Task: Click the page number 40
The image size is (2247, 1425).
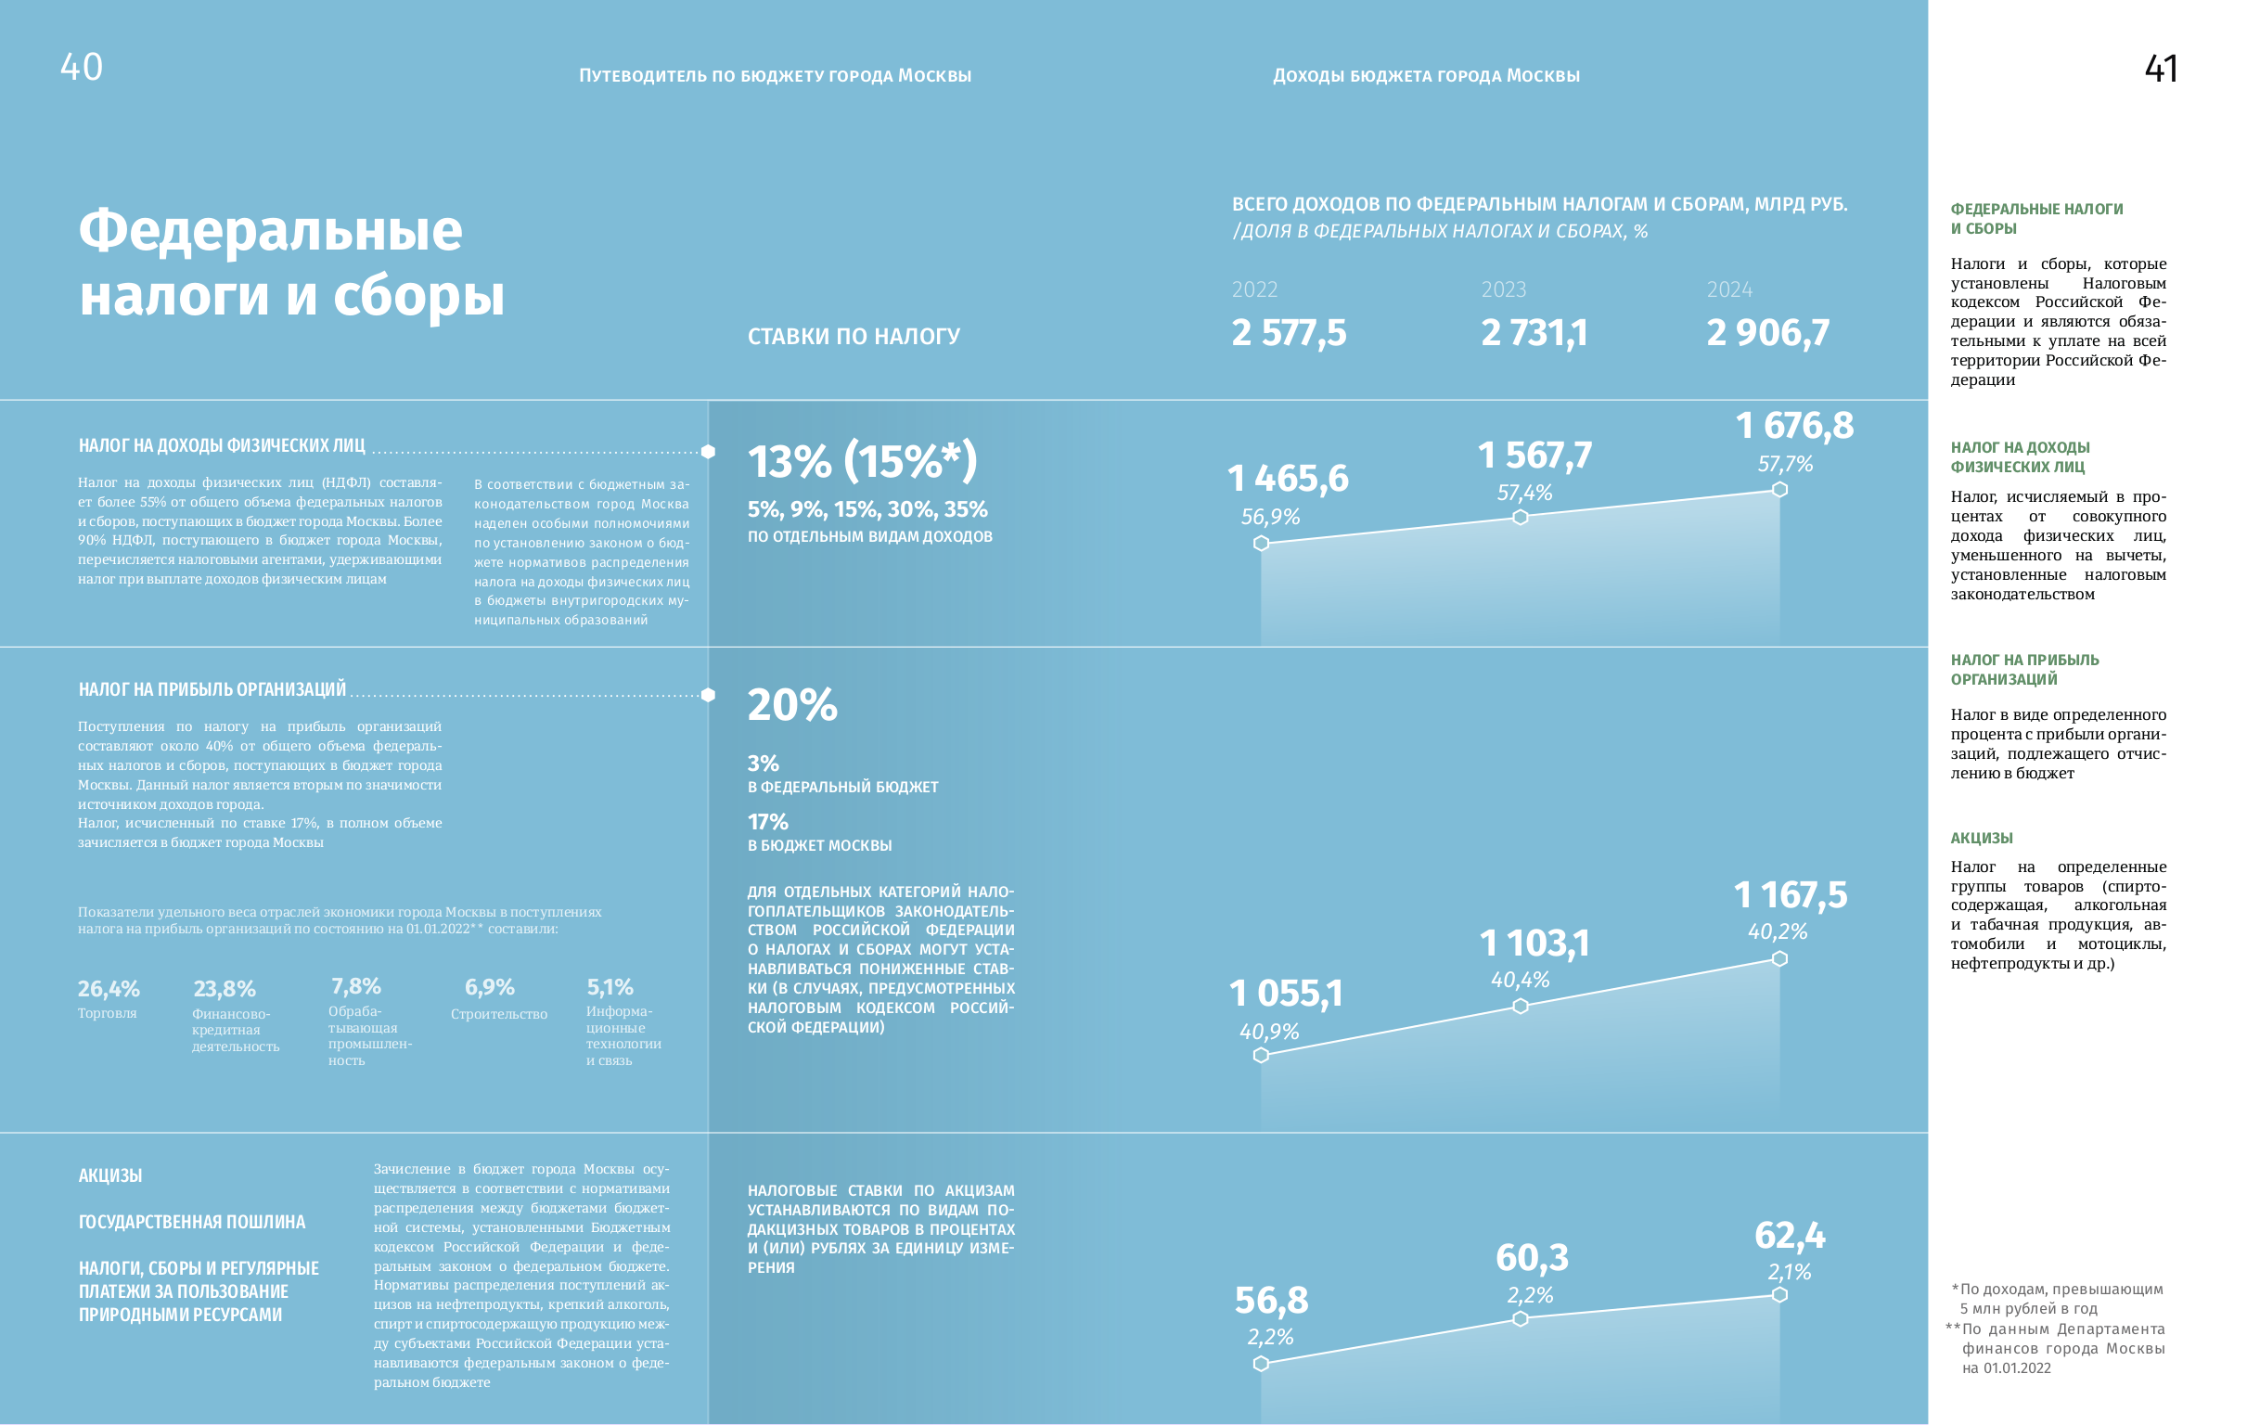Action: click(x=82, y=67)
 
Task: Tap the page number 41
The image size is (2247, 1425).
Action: click(x=2161, y=69)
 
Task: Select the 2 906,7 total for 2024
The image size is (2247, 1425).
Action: click(x=1767, y=333)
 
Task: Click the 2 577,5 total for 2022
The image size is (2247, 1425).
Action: click(x=1289, y=333)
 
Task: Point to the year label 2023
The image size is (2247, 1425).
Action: click(x=1503, y=289)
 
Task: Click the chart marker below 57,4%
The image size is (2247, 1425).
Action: click(x=1520, y=517)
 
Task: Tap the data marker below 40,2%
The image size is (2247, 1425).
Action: click(x=1779, y=958)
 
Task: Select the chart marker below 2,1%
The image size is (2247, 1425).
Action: click(x=1779, y=1294)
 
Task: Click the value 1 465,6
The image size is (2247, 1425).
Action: click(x=1288, y=479)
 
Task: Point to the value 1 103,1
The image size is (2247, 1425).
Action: click(x=1534, y=944)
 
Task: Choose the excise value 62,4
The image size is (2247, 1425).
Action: click(x=1790, y=1236)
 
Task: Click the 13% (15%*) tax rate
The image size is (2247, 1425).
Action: click(x=862, y=461)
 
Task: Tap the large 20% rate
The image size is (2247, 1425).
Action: click(x=792, y=704)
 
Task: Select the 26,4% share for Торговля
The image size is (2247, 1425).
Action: click(x=109, y=988)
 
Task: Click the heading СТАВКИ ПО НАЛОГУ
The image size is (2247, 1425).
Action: click(x=853, y=336)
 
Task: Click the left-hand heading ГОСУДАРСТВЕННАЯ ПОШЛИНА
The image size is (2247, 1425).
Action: click(x=191, y=1222)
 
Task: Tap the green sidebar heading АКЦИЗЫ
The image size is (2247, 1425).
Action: click(x=1981, y=838)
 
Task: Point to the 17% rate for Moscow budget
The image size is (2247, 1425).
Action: click(x=767, y=822)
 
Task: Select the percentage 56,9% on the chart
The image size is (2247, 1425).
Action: click(x=1270, y=517)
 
